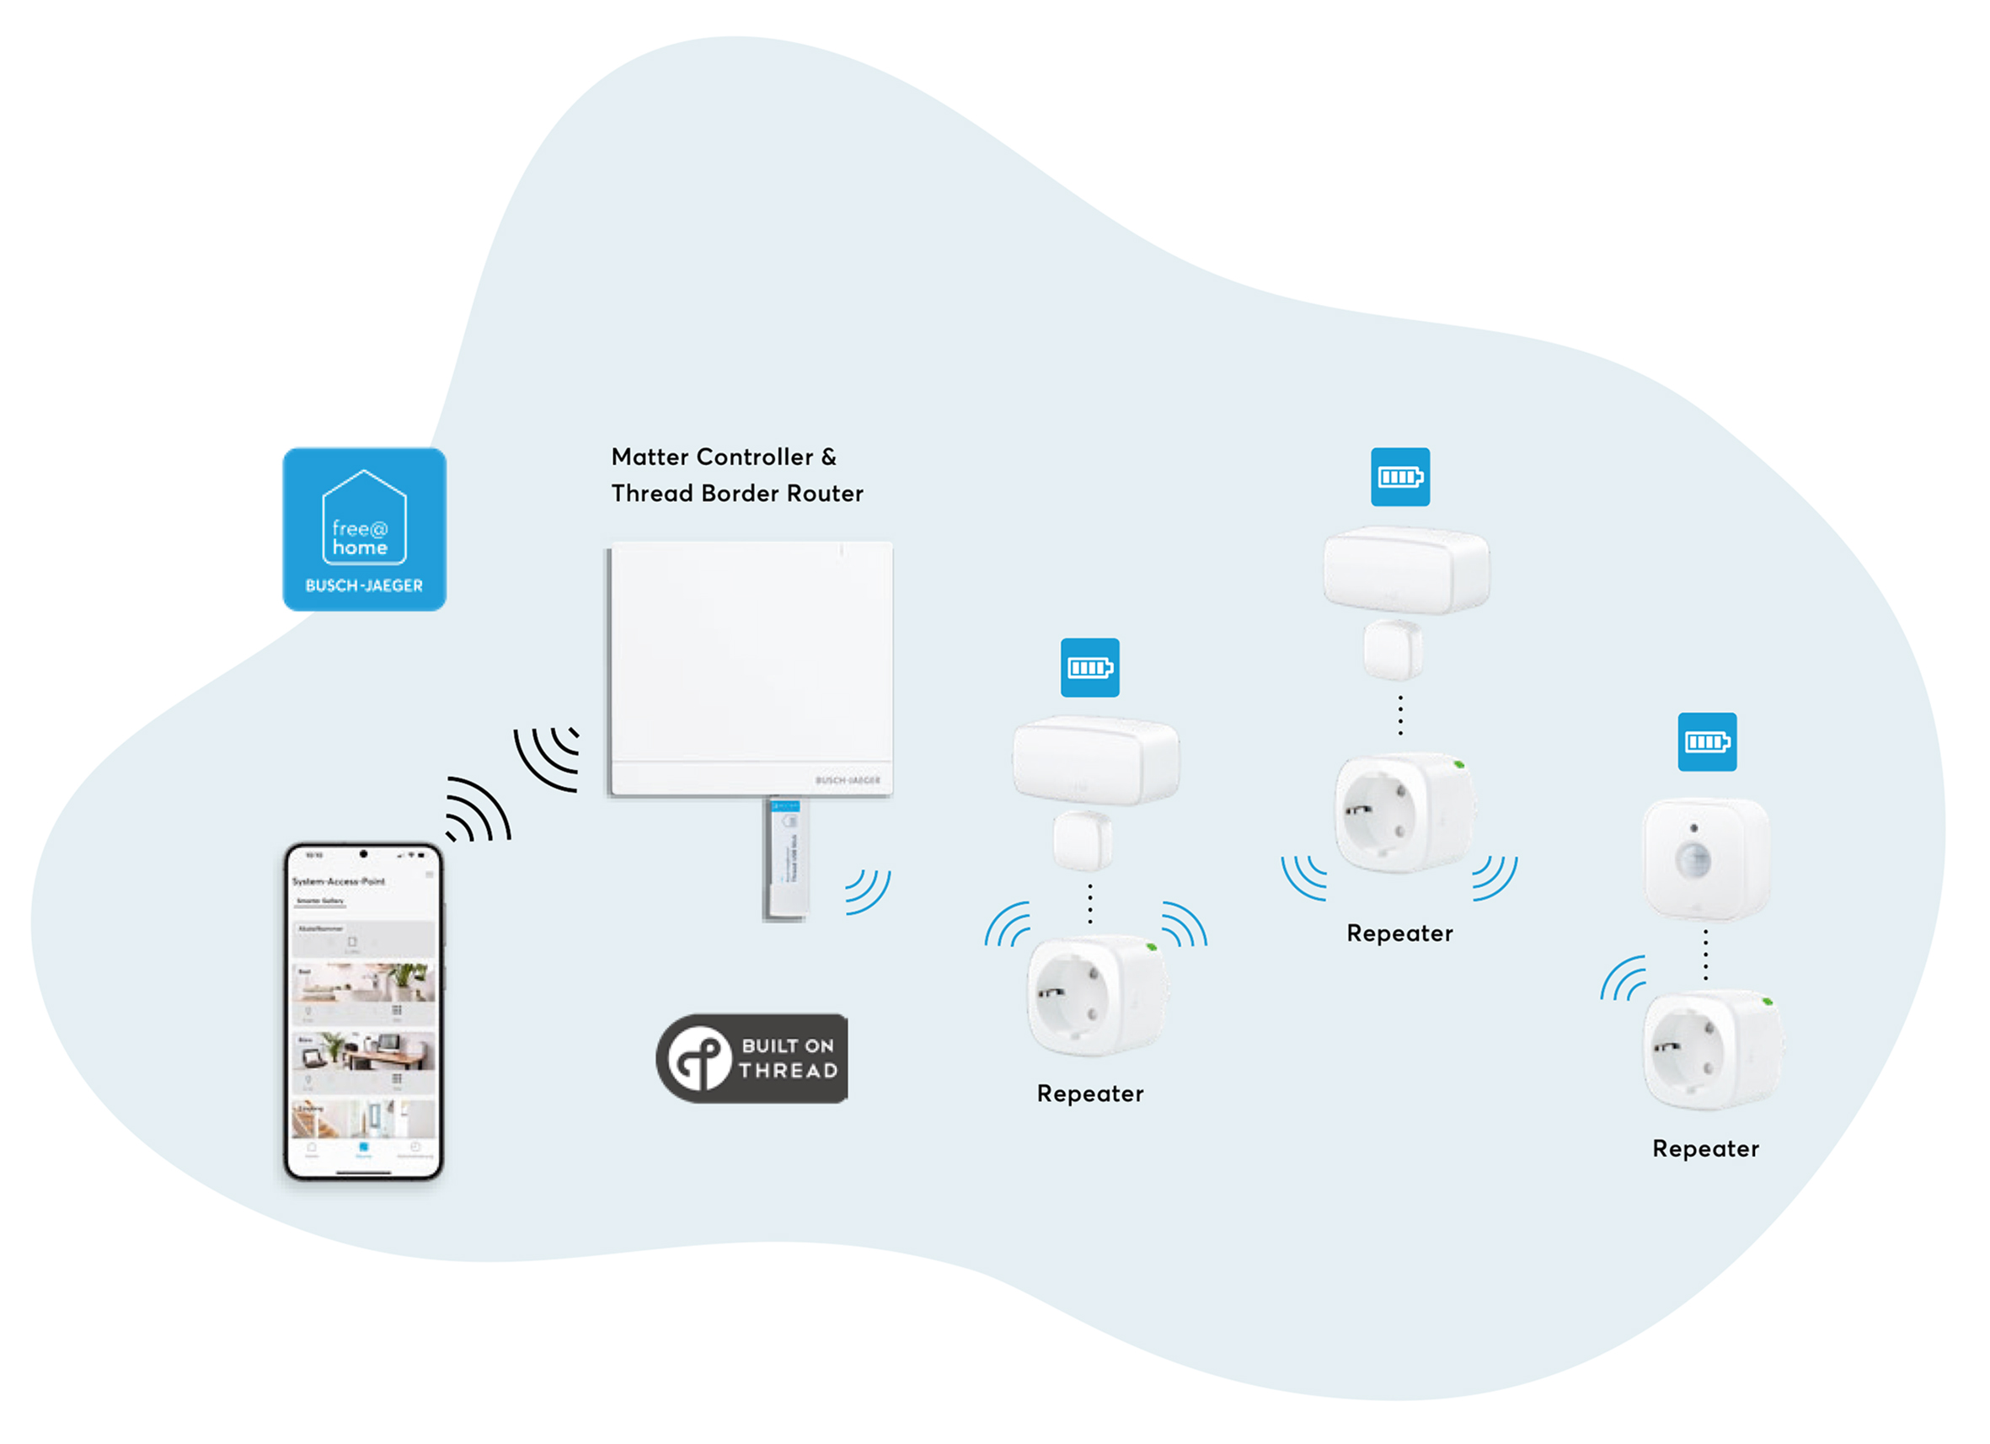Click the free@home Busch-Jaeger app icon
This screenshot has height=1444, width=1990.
click(x=364, y=530)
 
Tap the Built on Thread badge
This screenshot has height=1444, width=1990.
click(x=752, y=1058)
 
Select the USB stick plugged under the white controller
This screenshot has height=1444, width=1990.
click(x=785, y=858)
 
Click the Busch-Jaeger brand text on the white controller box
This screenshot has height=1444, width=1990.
click(x=847, y=780)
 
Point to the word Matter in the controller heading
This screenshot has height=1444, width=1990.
click(x=650, y=457)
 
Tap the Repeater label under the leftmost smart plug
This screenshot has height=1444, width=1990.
click(x=1089, y=1093)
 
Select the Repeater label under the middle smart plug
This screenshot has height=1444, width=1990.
click(x=1399, y=933)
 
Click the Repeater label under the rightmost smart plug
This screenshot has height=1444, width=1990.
click(x=1705, y=1149)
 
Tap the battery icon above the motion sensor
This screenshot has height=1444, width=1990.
click(x=1707, y=742)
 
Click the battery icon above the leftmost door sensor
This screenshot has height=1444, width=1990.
click(x=1089, y=667)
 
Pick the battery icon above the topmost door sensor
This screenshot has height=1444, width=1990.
click(x=1400, y=477)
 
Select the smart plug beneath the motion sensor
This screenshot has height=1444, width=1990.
click(x=1711, y=1050)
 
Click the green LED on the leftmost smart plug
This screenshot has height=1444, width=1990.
click(x=1151, y=948)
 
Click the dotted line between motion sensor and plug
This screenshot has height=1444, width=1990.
click(x=1705, y=955)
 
